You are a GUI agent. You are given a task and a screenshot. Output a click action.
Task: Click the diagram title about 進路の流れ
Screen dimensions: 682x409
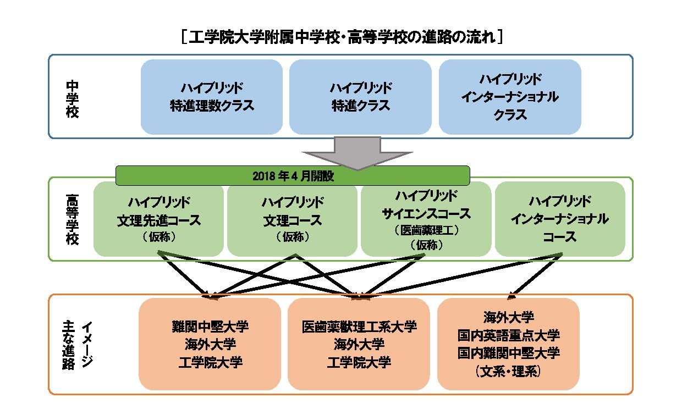click(342, 37)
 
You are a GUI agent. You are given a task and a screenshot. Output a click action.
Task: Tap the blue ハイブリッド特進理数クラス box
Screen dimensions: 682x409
click(212, 97)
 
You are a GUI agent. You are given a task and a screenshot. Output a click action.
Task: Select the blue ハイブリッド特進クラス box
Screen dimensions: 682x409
click(360, 97)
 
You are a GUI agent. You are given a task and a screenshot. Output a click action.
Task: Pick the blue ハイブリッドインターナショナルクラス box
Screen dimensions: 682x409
click(510, 97)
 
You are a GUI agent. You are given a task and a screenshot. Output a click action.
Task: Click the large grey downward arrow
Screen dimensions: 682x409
click(358, 153)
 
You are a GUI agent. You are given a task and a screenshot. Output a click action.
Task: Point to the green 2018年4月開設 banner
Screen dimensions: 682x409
click(293, 175)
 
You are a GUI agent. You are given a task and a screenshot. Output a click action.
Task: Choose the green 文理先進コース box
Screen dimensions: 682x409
click(158, 219)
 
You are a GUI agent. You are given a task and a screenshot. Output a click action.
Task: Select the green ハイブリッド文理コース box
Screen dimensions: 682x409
click(292, 219)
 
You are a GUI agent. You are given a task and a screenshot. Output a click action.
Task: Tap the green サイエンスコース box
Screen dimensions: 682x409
click(426, 219)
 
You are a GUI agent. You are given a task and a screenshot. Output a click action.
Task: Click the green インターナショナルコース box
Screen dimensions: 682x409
click(560, 219)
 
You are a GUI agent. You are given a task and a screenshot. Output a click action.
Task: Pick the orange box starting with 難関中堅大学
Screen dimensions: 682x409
click(210, 344)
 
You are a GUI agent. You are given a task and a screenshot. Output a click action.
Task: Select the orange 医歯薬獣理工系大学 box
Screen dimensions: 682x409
click(359, 344)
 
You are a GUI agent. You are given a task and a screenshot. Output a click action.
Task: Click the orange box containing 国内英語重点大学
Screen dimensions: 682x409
click(508, 344)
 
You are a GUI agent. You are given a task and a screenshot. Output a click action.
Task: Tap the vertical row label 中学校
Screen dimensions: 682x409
click(72, 99)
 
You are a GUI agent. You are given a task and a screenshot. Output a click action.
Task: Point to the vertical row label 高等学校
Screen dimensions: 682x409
click(72, 219)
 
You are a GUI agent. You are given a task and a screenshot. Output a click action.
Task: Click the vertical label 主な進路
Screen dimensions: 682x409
click(69, 345)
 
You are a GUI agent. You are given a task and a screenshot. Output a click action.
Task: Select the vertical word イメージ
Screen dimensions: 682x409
click(87, 344)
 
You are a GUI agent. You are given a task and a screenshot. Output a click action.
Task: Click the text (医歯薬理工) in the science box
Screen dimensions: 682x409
click(426, 230)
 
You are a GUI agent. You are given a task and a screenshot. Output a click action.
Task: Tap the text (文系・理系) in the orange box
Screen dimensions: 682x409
click(508, 372)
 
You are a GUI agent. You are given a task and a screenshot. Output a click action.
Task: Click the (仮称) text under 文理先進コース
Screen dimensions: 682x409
click(159, 236)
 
